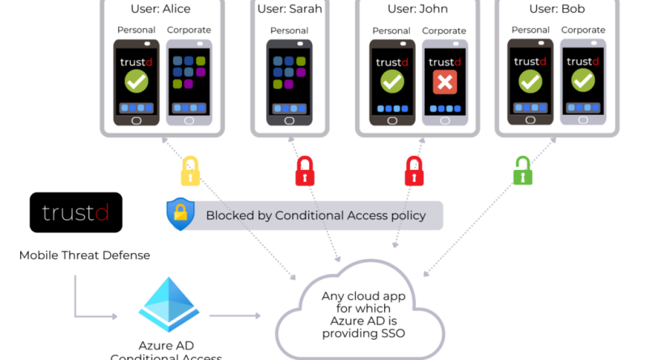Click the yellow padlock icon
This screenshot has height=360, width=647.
tap(189, 172)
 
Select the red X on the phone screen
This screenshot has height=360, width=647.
tap(445, 82)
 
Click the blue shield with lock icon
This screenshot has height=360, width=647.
tap(180, 215)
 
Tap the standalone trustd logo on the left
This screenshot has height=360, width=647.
tap(75, 214)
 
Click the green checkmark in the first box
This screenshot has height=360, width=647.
tap(137, 81)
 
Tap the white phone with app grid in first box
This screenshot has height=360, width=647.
tap(189, 81)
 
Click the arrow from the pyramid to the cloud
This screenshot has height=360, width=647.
tap(235, 315)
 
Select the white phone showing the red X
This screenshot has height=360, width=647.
tap(445, 81)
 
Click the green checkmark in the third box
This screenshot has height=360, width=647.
tap(392, 81)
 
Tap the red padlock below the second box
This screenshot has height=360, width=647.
tap(304, 171)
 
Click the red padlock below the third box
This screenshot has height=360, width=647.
tap(414, 171)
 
